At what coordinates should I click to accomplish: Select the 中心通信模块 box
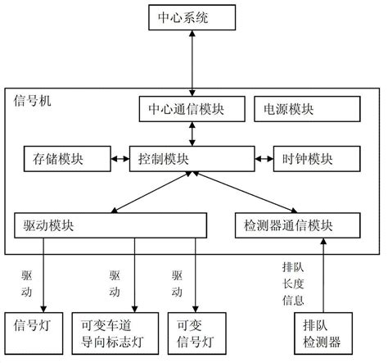(193, 107)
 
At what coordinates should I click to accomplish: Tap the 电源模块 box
(308, 107)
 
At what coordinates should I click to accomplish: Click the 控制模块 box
(193, 156)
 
